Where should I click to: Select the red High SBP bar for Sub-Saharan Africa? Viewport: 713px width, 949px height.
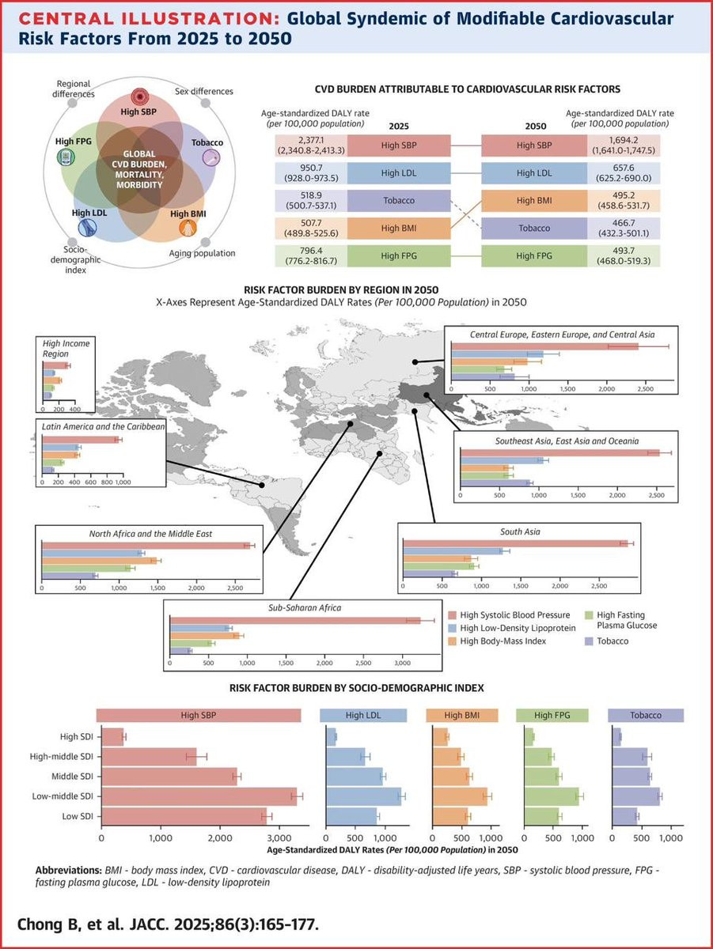[x=295, y=620]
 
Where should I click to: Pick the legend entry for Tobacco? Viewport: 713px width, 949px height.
[x=613, y=641]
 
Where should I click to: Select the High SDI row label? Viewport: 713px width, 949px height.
[x=78, y=737]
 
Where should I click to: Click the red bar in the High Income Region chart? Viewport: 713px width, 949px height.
[x=55, y=365]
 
